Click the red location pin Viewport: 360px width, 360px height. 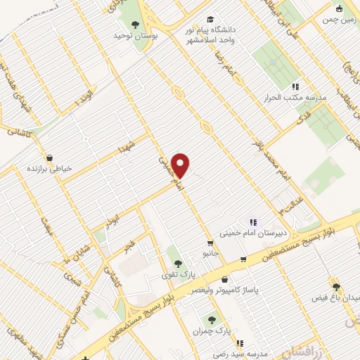click(181, 165)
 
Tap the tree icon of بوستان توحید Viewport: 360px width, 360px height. click(135, 25)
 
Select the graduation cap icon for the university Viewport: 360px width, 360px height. click(209, 20)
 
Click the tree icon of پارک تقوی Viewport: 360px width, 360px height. click(176, 263)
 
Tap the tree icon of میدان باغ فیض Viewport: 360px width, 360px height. click(336, 286)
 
